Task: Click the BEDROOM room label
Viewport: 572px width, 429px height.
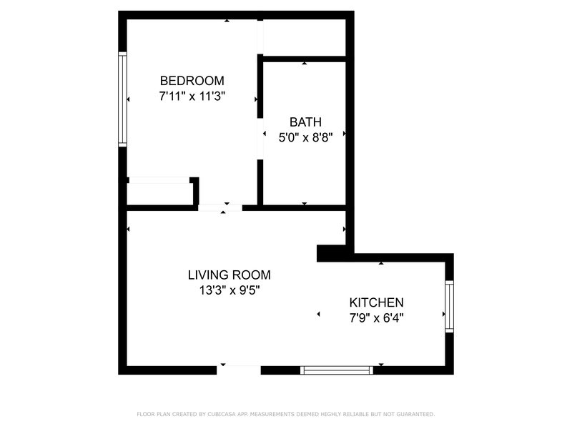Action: [x=192, y=81]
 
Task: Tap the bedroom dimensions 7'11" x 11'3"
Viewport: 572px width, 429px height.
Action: [x=192, y=97]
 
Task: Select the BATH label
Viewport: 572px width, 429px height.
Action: [x=305, y=122]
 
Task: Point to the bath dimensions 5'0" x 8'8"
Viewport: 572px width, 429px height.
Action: [x=305, y=137]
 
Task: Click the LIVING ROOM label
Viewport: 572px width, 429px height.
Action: [x=229, y=275]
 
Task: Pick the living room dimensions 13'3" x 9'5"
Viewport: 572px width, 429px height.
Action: [x=229, y=290]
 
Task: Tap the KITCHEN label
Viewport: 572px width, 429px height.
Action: [x=377, y=302]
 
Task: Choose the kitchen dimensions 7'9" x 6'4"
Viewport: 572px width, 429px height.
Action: [x=377, y=318]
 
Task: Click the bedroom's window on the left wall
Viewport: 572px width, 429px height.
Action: [x=122, y=99]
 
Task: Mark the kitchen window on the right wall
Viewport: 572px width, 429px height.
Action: [x=450, y=307]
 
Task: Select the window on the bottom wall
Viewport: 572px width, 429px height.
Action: [x=336, y=370]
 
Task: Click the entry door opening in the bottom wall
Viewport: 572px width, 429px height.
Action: [x=239, y=370]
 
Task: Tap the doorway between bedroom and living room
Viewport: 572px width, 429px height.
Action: [x=220, y=208]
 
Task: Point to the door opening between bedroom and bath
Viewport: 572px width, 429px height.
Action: [x=260, y=139]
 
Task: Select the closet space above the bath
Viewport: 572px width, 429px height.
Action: [x=305, y=38]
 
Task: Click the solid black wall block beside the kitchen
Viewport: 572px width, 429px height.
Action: [x=331, y=253]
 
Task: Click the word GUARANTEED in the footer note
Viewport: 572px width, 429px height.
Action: [x=415, y=414]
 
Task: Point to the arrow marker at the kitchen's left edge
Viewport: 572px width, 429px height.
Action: [x=318, y=314]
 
